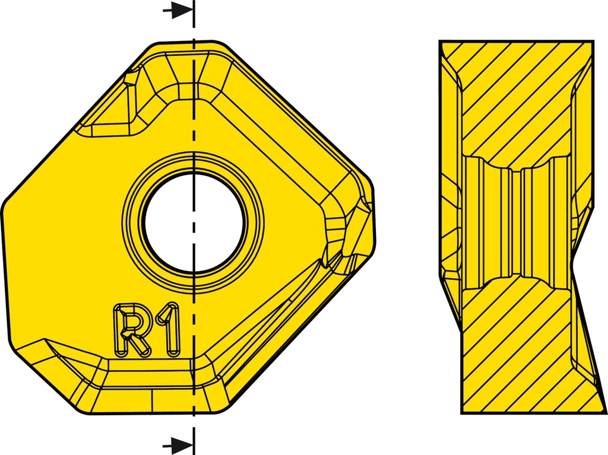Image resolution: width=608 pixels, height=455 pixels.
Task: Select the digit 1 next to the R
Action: [169, 329]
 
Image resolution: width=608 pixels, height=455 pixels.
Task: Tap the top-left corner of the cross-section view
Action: [440, 41]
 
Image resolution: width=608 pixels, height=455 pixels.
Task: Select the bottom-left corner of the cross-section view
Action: [462, 413]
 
